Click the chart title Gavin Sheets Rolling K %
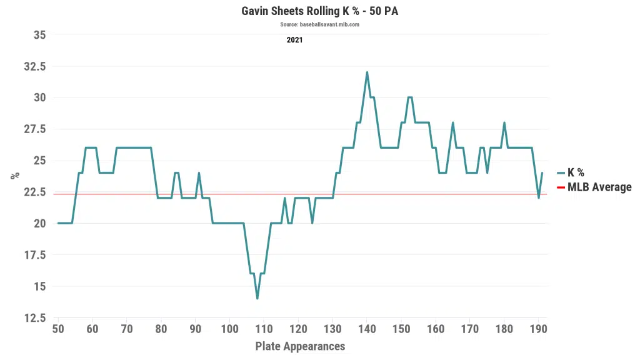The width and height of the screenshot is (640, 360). click(x=319, y=11)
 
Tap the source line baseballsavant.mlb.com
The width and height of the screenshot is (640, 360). click(x=319, y=24)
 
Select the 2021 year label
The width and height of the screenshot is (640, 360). click(x=295, y=40)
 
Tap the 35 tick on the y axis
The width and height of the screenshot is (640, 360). click(x=39, y=35)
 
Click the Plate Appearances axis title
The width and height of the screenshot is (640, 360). click(x=300, y=346)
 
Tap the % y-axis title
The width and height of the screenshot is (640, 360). click(x=15, y=176)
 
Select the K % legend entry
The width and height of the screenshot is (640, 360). click(x=575, y=173)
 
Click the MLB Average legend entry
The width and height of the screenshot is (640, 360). click(x=599, y=187)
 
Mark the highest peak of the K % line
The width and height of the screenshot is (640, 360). click(x=367, y=72)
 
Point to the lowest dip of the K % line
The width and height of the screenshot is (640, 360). click(x=257, y=299)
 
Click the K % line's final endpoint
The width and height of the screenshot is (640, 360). click(x=542, y=172)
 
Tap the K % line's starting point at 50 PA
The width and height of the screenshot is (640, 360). click(x=58, y=223)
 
